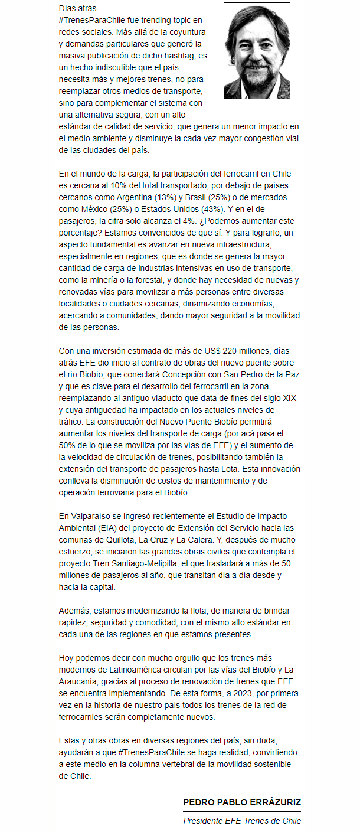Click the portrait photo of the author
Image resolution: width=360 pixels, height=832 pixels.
[257, 51]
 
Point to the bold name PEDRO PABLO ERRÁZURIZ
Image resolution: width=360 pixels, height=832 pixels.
[242, 802]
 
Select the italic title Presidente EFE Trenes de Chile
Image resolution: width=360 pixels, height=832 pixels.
[242, 821]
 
